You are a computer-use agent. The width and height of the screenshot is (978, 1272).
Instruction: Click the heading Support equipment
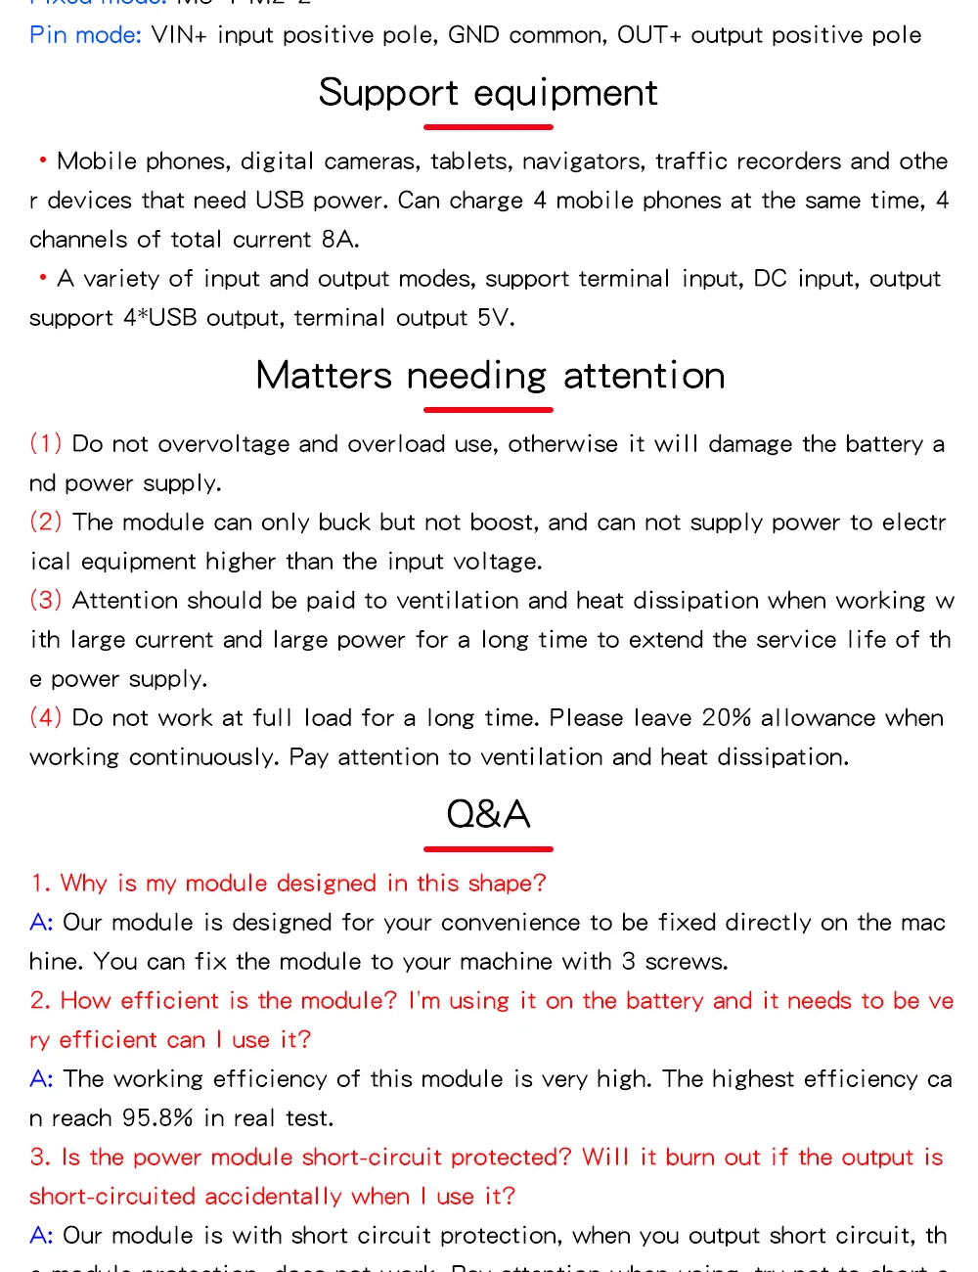pyautogui.click(x=488, y=93)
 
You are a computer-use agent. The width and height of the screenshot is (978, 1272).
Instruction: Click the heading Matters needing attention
pyautogui.click(x=490, y=376)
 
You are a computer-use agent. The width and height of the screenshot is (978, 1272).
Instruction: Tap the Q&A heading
pyautogui.click(x=488, y=814)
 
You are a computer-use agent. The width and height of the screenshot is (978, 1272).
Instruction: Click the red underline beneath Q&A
pyautogui.click(x=488, y=848)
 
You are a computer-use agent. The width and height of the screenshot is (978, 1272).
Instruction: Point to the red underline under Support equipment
pyautogui.click(x=488, y=127)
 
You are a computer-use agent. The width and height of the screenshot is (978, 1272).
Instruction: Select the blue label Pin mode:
pyautogui.click(x=85, y=35)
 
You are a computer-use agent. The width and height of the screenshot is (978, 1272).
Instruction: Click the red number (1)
pyautogui.click(x=46, y=443)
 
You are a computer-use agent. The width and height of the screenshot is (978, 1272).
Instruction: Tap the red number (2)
pyautogui.click(x=46, y=522)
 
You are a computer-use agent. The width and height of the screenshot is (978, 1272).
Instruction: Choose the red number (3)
pyautogui.click(x=46, y=600)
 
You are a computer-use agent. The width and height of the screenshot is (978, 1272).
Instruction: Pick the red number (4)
pyautogui.click(x=46, y=717)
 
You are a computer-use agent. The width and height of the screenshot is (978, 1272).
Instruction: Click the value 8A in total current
pyautogui.click(x=339, y=240)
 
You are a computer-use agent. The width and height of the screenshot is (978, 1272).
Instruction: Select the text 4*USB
pyautogui.click(x=160, y=318)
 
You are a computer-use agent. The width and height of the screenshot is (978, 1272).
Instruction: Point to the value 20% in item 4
pyautogui.click(x=727, y=718)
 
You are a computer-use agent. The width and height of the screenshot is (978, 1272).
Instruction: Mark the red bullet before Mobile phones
pyautogui.click(x=43, y=159)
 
